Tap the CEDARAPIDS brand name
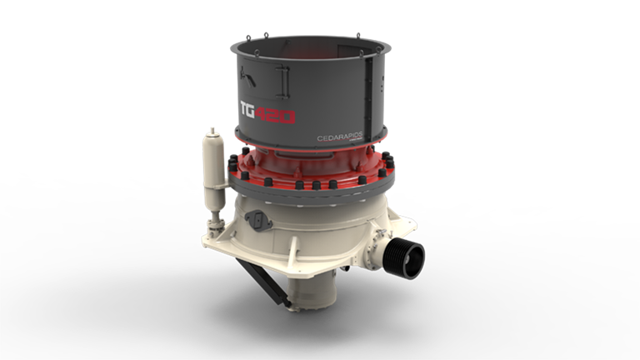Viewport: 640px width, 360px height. pyautogui.click(x=337, y=137)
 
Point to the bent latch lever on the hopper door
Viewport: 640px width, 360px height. pyautogui.click(x=247, y=77)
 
